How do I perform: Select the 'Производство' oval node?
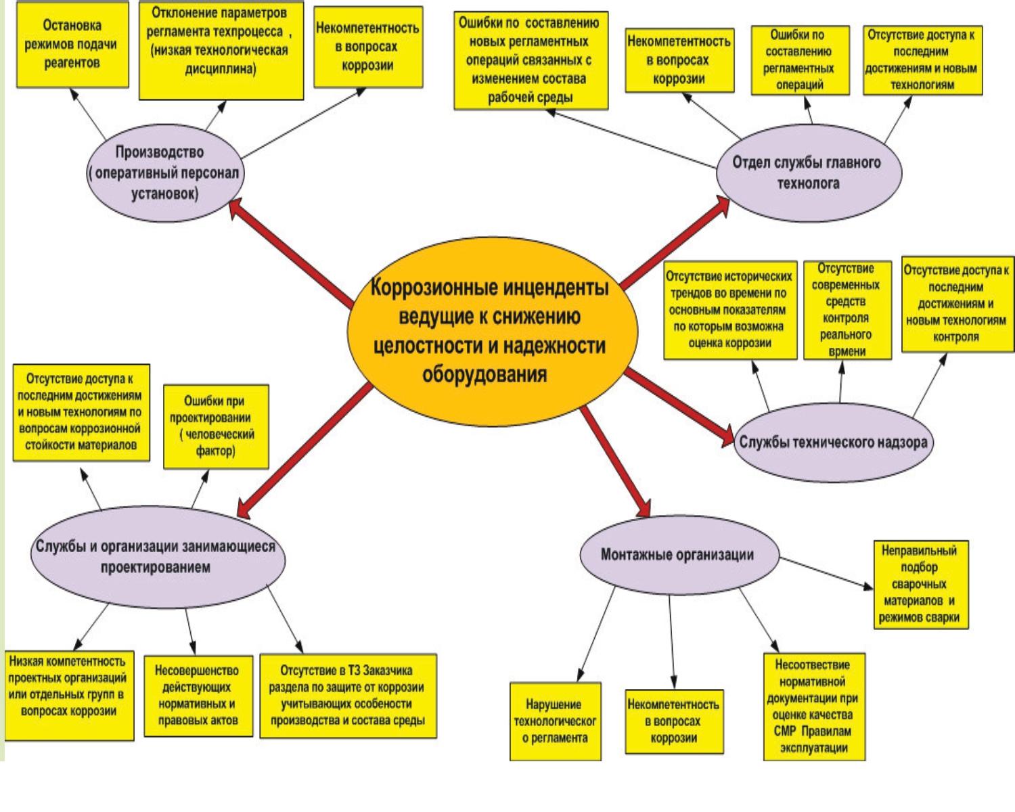click(164, 173)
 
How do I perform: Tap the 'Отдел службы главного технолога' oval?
click(809, 173)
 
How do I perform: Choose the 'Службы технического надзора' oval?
click(833, 443)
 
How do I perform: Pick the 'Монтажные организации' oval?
click(677, 555)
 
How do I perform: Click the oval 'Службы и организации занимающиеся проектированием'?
click(156, 557)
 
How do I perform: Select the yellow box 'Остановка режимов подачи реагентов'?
click(72, 45)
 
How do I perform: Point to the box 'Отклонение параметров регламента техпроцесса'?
click(221, 51)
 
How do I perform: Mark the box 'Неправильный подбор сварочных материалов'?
click(920, 585)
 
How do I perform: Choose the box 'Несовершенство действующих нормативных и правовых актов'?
click(198, 696)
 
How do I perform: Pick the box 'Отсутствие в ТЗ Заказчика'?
click(348, 696)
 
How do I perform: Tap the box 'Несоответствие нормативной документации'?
click(815, 706)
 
